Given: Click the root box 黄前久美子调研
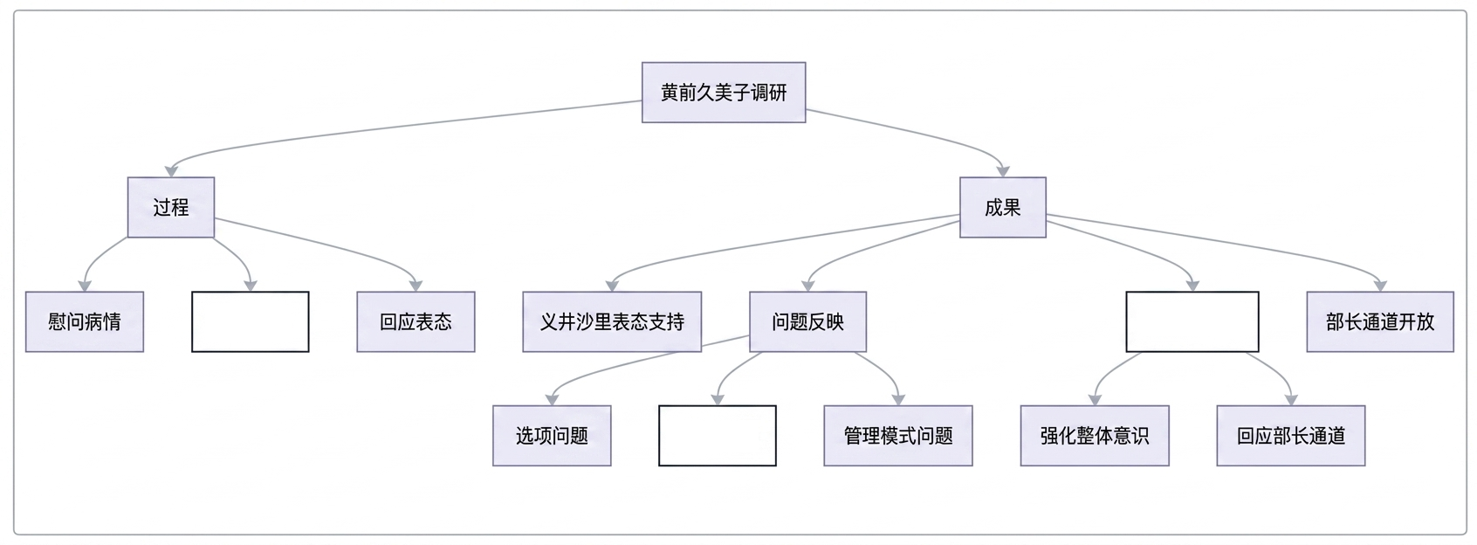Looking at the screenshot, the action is point(724,93).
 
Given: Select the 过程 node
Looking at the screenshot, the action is point(171,207).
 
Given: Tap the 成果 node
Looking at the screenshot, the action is point(1002,207).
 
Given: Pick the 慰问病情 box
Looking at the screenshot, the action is point(85,322).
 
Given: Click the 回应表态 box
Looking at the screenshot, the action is point(416,322).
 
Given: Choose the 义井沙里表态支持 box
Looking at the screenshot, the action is point(612,322).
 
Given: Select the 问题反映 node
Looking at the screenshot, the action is point(807,322).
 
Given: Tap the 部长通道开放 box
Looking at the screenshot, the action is point(1380,322).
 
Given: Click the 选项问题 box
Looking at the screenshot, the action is point(552,436).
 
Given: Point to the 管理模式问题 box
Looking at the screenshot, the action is point(898,436).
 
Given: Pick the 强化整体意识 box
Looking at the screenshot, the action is point(1095,436).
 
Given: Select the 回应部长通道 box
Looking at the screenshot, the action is point(1291,436).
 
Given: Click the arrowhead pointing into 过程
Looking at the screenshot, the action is point(171,171).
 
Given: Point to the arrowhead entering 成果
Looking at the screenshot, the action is point(1003,171).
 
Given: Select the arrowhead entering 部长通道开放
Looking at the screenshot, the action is point(1380,286).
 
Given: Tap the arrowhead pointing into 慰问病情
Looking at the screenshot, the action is point(85,286).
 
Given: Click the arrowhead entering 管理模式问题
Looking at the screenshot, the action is point(898,399).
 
